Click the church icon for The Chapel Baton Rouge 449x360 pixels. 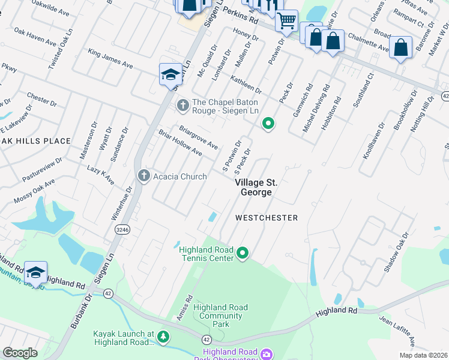pyautogui.click(x=183, y=106)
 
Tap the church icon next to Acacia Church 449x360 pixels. pyautogui.click(x=143, y=176)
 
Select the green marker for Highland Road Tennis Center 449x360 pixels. pyautogui.click(x=243, y=254)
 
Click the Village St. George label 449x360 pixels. pyautogui.click(x=256, y=187)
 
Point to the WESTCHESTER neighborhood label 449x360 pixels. pyautogui.click(x=267, y=218)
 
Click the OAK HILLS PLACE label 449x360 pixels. pyautogui.click(x=35, y=141)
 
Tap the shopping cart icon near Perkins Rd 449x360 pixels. pyautogui.click(x=286, y=21)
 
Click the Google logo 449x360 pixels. pyautogui.click(x=20, y=353)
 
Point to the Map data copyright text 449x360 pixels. pyautogui.click(x=423, y=355)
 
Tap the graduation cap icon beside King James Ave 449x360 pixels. pyautogui.click(x=170, y=74)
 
